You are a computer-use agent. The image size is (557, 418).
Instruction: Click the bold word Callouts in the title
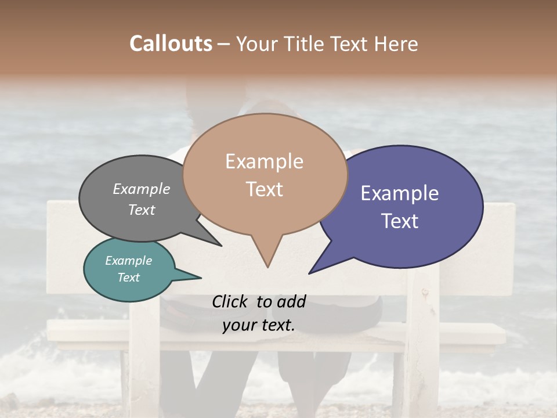pos(171,44)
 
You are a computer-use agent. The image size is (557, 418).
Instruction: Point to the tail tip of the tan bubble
pos(267,266)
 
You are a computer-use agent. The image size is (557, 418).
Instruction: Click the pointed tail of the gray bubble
pos(220,245)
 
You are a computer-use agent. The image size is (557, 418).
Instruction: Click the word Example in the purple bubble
pos(400,193)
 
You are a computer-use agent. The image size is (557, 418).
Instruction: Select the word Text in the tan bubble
pos(265,189)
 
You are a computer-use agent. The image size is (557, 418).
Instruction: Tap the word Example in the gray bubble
pos(142,189)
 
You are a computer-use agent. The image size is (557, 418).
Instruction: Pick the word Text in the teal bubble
pos(129,278)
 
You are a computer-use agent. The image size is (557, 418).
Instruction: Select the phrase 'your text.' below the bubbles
pos(259,325)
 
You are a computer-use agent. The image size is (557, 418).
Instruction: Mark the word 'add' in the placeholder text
pos(291,301)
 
